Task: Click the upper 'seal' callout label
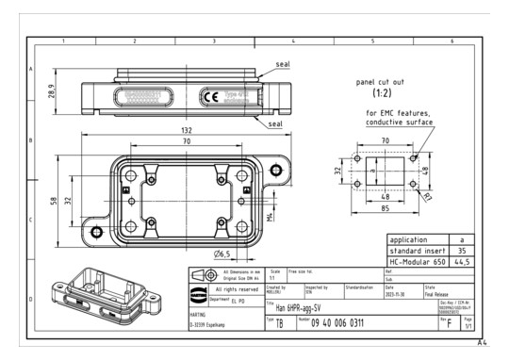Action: click(x=281, y=64)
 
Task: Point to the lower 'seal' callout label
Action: click(x=276, y=123)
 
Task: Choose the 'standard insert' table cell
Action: click(x=417, y=252)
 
